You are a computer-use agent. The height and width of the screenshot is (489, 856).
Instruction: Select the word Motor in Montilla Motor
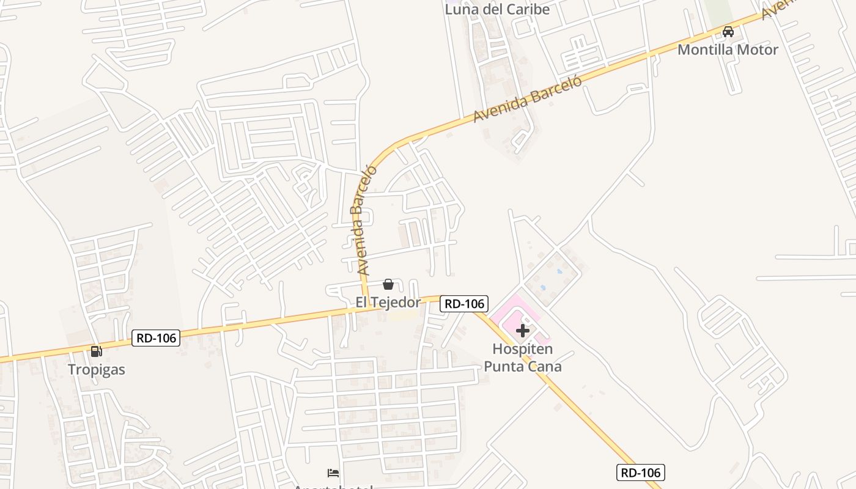tap(759, 50)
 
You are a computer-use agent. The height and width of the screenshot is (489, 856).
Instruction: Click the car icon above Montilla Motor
tap(728, 32)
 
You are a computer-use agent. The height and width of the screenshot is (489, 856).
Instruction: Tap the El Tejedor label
tap(388, 303)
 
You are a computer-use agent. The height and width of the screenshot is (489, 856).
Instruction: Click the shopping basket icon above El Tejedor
tap(388, 284)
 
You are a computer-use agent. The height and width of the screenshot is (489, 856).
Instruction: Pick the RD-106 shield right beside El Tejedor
tap(463, 303)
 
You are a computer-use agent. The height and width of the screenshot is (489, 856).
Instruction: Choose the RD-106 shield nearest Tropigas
tap(156, 338)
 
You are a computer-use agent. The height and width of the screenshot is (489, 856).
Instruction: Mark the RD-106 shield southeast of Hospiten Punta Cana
tap(640, 472)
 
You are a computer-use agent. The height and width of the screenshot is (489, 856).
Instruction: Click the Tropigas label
tap(97, 370)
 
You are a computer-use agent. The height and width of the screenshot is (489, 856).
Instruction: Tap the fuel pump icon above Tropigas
tap(96, 351)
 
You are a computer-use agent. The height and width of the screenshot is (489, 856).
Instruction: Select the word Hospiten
tap(523, 350)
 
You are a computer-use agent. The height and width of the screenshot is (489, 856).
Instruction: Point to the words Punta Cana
tap(523, 367)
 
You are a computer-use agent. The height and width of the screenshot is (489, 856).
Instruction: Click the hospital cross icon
tap(522, 331)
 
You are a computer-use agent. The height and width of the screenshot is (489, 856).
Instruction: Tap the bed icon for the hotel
tap(333, 473)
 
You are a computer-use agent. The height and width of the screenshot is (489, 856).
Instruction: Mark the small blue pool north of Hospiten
tap(542, 287)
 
